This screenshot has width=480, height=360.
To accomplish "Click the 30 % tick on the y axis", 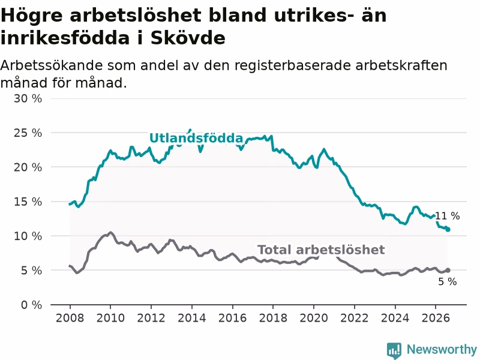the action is click(x=28, y=98).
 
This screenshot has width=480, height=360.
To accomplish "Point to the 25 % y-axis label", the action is click(x=28, y=133).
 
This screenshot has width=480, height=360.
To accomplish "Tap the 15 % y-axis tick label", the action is click(x=28, y=202).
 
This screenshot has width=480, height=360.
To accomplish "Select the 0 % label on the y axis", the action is click(x=31, y=305).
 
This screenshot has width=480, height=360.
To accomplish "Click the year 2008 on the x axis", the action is click(x=70, y=318).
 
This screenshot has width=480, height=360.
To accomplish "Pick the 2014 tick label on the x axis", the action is click(x=192, y=318).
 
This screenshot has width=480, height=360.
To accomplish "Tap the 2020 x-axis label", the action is click(x=314, y=318).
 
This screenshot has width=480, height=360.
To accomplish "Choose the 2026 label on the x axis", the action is click(x=436, y=318).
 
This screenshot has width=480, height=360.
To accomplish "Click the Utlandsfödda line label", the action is click(x=196, y=138).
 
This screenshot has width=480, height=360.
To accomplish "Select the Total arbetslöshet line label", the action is click(x=321, y=250).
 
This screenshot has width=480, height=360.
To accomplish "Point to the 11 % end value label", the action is click(x=447, y=216).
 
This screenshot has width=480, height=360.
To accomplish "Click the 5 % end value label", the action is click(x=447, y=281).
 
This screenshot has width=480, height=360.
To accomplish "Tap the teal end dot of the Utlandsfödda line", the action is click(x=448, y=229).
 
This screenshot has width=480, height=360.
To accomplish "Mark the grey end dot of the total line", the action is click(x=448, y=271).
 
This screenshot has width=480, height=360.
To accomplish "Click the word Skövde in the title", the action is click(x=188, y=38).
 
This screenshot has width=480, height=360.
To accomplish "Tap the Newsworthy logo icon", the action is click(x=394, y=350).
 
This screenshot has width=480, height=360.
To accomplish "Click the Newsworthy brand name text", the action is click(x=442, y=349).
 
